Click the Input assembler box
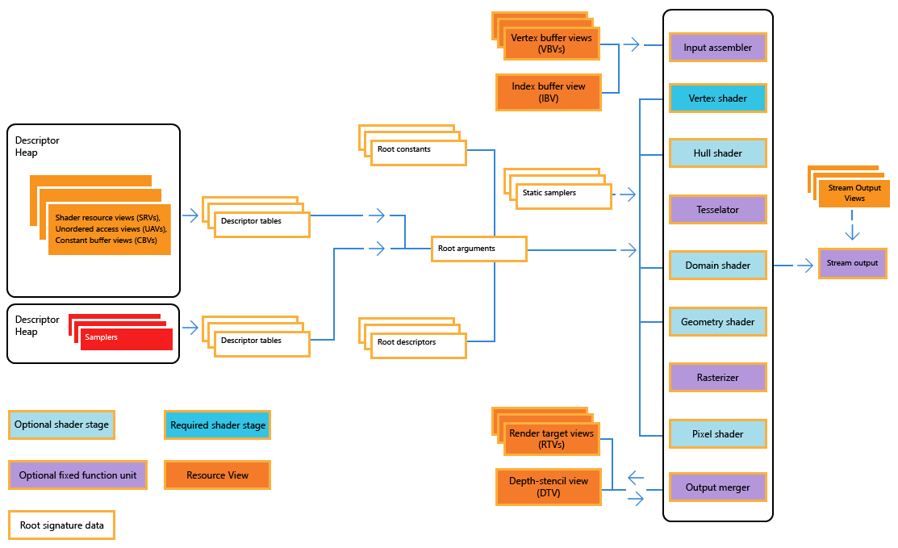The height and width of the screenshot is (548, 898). point(717,48)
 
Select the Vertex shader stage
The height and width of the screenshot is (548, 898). point(717,98)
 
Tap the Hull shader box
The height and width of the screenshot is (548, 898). point(717,153)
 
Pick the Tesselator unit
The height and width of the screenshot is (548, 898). point(717,210)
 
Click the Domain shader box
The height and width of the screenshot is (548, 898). point(717,266)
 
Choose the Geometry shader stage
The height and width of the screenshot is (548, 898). point(717,322)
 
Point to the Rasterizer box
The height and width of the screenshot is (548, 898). point(717,378)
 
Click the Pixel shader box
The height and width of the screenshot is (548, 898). point(717,434)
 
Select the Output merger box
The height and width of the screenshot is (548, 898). point(717,487)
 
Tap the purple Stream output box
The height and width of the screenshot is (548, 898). point(852,263)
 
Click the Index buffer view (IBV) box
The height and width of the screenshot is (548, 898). point(549,92)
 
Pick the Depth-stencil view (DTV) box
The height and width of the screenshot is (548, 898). point(549,487)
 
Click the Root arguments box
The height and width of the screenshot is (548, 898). point(478,249)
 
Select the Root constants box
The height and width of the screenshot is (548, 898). point(418,153)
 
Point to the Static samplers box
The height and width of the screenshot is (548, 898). point(562,195)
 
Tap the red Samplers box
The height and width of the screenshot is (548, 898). point(127,339)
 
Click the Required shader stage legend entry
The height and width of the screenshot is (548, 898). point(218,425)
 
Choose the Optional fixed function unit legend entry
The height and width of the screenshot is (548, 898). point(78,475)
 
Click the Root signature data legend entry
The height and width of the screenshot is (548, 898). point(62,525)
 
